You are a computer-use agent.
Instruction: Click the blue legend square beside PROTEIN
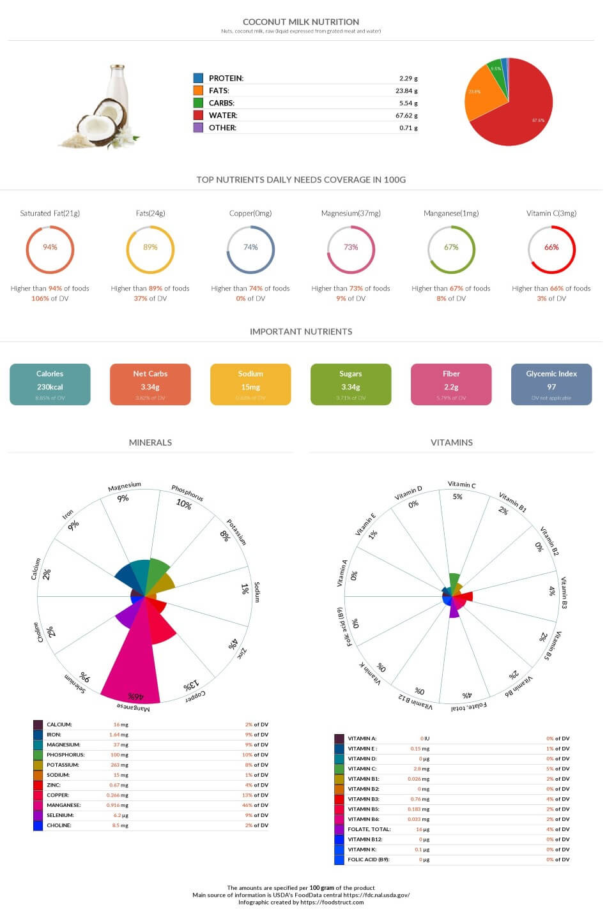[x=198, y=78]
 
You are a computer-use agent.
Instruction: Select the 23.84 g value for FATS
[x=406, y=91]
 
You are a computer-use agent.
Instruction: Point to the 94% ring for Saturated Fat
[x=50, y=249]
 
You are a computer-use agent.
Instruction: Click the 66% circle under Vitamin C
[x=551, y=249]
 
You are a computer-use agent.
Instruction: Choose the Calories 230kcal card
[x=50, y=384]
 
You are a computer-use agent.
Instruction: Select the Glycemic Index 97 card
[x=551, y=384]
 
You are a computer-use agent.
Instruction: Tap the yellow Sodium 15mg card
[x=250, y=384]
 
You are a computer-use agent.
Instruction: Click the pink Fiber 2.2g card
[x=451, y=384]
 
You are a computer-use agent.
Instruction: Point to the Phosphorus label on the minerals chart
[x=187, y=492]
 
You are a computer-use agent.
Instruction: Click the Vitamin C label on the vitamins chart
[x=461, y=484]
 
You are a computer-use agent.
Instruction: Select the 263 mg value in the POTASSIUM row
[x=119, y=765]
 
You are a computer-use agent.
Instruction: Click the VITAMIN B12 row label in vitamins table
[x=365, y=839]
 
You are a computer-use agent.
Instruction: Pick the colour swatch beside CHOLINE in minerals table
[x=38, y=825]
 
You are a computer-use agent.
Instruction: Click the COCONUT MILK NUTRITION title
[x=301, y=22]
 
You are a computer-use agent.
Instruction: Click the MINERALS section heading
[x=150, y=442]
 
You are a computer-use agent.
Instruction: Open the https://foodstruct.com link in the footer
[x=332, y=902]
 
